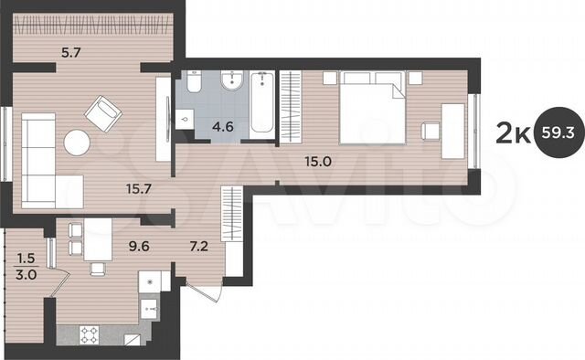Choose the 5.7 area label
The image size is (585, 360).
click(71, 53)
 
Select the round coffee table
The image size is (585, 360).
click(77, 143)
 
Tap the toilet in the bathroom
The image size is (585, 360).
click(194, 85)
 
